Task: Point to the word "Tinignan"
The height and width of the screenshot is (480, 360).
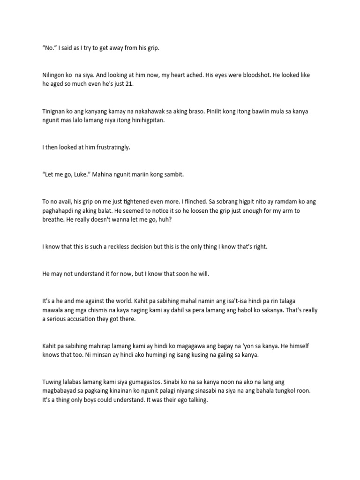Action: tap(55, 111)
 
